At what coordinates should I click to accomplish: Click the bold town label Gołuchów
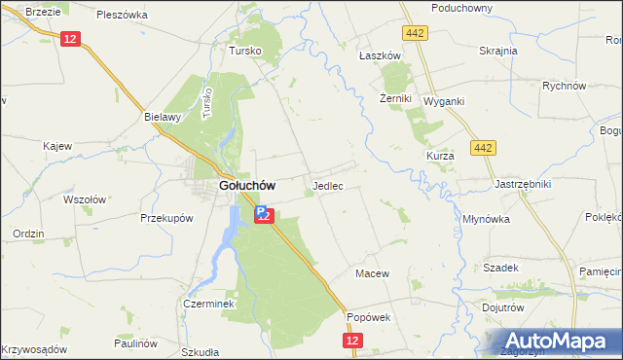[246, 185]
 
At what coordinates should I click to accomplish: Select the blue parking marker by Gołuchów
[261, 209]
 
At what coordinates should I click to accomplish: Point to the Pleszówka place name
[122, 15]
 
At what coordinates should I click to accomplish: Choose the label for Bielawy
[163, 117]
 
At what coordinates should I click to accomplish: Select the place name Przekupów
[163, 218]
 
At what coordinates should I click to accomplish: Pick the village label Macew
[372, 273]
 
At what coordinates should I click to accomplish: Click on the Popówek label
[368, 316]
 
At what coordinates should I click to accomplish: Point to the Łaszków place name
[380, 56]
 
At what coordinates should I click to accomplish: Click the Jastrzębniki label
[523, 183]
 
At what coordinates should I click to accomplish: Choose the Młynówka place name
[488, 219]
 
